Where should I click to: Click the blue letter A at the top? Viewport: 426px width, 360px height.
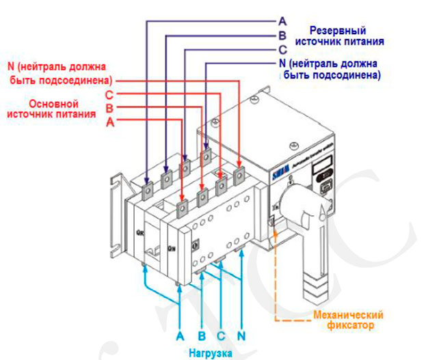pyautogui.click(x=282, y=20)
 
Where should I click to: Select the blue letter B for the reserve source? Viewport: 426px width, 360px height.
pyautogui.click(x=282, y=36)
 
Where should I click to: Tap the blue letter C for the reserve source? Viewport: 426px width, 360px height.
pyautogui.click(x=282, y=50)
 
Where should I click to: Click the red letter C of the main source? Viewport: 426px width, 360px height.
pyautogui.click(x=109, y=94)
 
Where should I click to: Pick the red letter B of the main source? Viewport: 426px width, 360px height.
pyautogui.click(x=109, y=108)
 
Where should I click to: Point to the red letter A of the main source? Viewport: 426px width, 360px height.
pyautogui.click(x=109, y=122)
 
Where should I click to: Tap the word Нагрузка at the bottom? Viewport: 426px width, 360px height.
pyautogui.click(x=211, y=353)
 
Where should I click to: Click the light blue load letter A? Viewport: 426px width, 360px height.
pyautogui.click(x=180, y=336)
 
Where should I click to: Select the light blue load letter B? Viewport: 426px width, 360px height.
pyautogui.click(x=201, y=336)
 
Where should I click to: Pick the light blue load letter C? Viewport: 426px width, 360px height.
pyautogui.click(x=221, y=336)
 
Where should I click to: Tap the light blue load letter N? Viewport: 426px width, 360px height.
pyautogui.click(x=242, y=336)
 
